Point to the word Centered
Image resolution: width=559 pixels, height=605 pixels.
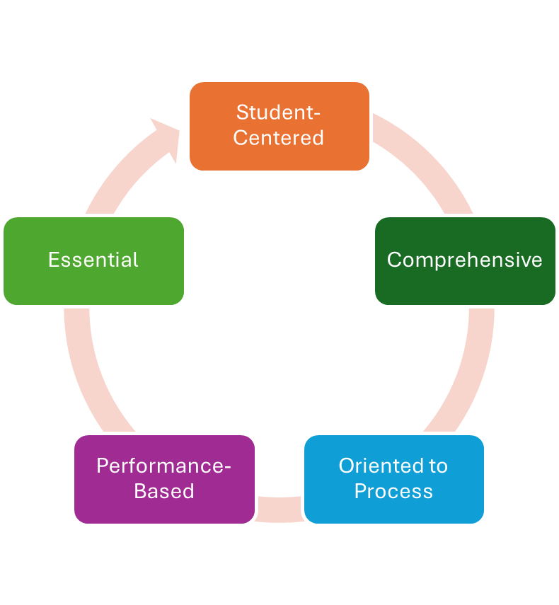pyautogui.click(x=278, y=137)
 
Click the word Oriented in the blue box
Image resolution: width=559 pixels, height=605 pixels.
pyautogui.click(x=374, y=466)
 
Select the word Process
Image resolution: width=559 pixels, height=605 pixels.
pyautogui.click(x=393, y=491)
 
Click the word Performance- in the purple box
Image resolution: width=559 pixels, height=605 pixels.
pyautogui.click(x=164, y=466)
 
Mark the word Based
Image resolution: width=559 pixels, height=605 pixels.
pyautogui.click(x=164, y=491)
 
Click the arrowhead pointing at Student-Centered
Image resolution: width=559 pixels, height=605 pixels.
pyautogui.click(x=167, y=136)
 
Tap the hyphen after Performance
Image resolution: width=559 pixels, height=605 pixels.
pyautogui.click(x=227, y=467)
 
